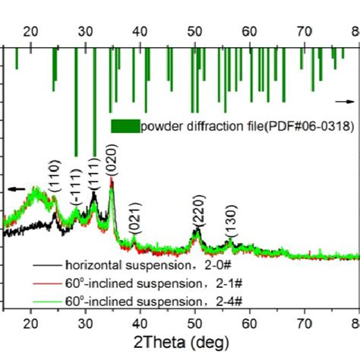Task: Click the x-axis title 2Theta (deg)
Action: (x=178, y=342)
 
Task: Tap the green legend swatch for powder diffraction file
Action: (x=125, y=127)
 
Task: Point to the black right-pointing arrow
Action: (x=345, y=100)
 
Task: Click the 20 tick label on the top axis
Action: (x=30, y=31)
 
